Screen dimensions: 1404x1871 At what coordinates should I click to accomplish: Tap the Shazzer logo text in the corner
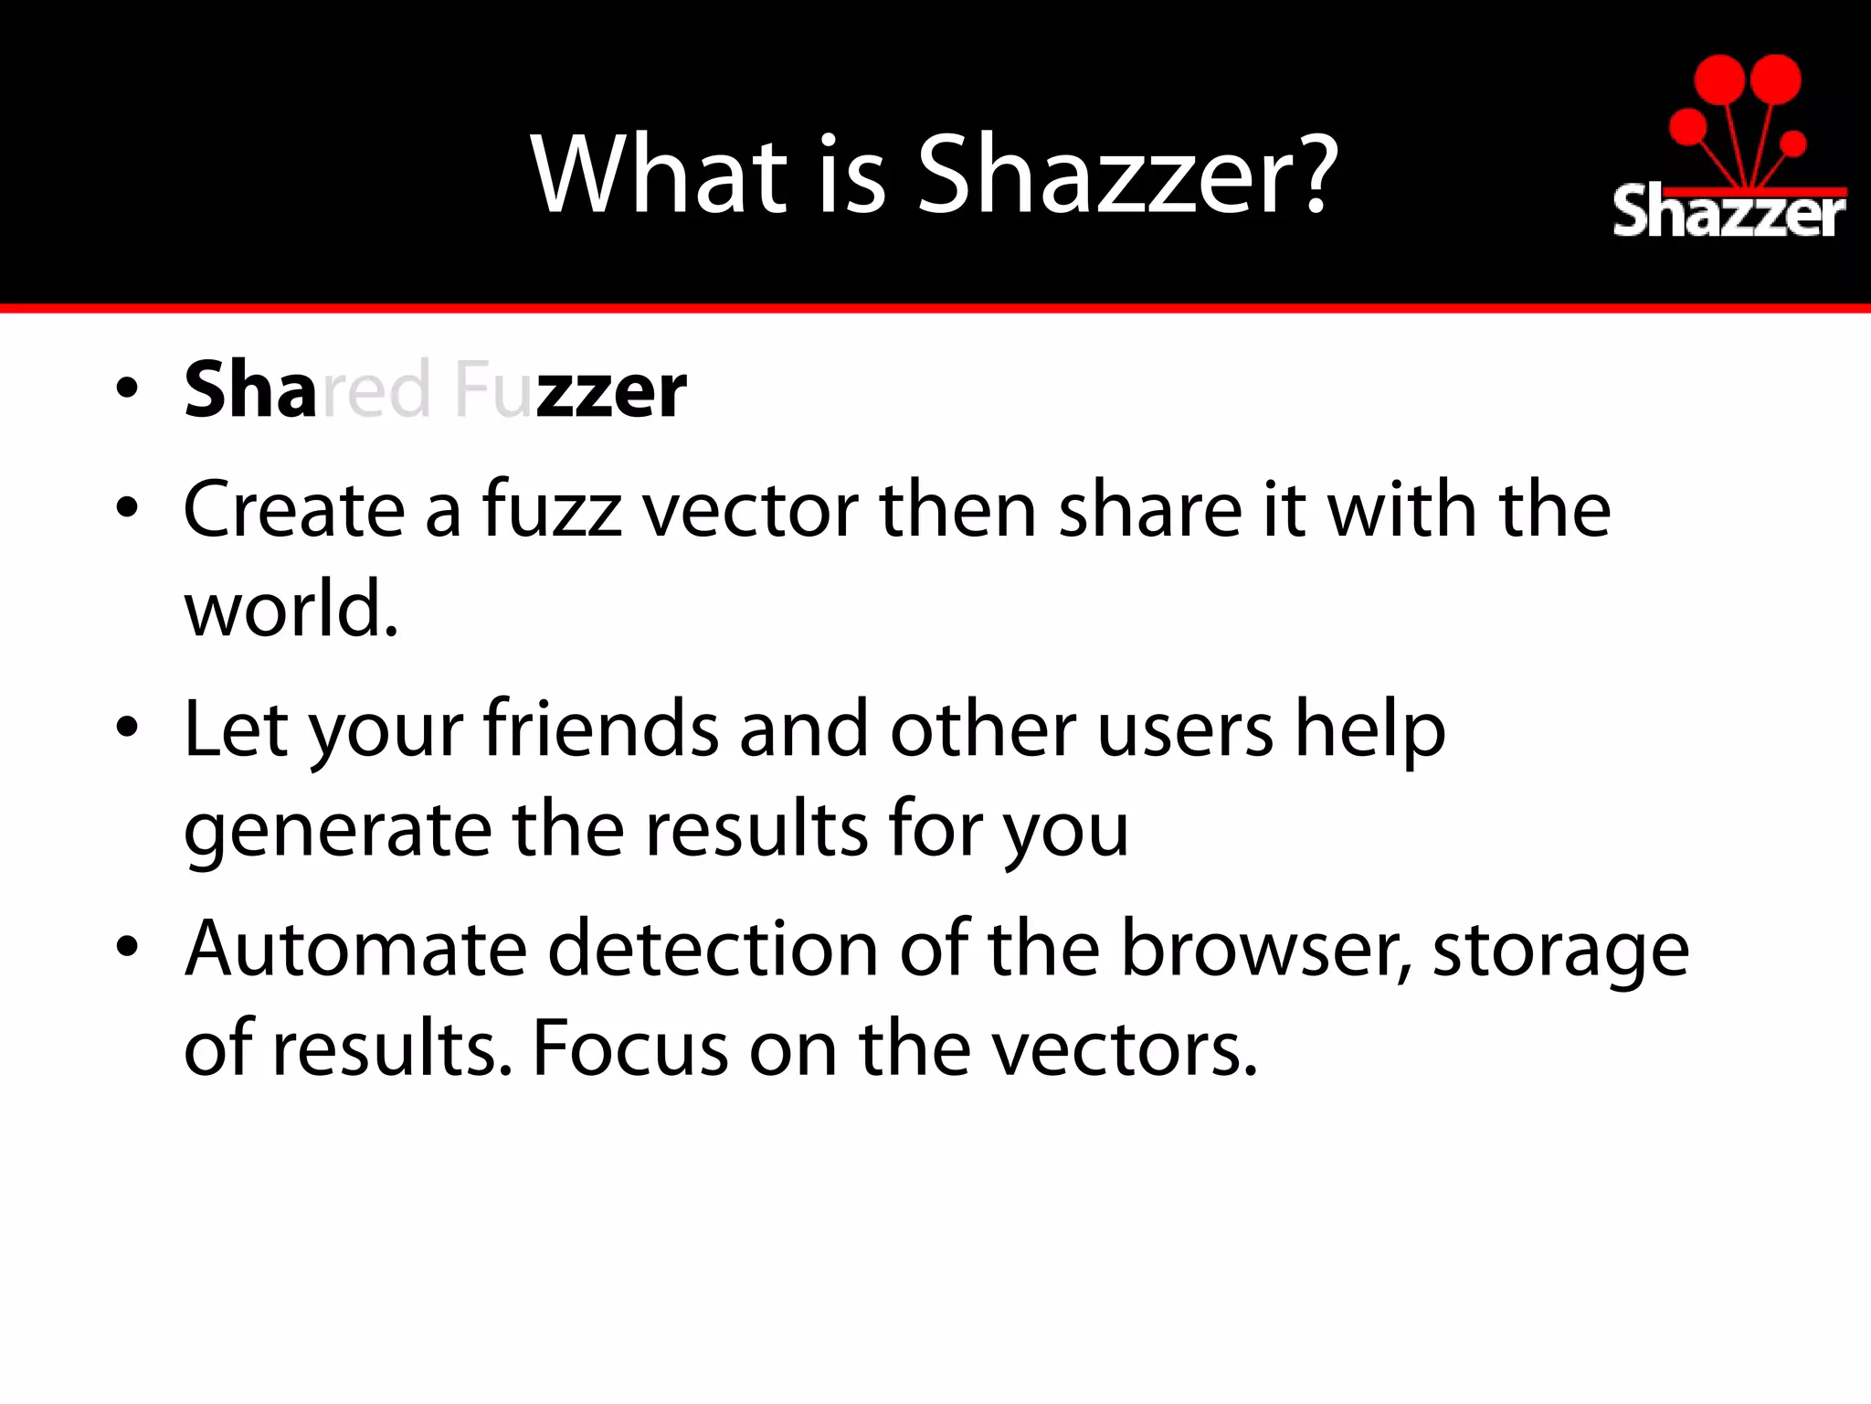(x=1728, y=213)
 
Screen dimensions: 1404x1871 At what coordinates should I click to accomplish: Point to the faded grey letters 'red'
(x=375, y=391)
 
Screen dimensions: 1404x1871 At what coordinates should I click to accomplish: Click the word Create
(x=293, y=509)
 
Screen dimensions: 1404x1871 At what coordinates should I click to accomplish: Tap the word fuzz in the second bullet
(x=552, y=509)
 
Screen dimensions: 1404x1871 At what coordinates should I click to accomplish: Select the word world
(x=291, y=610)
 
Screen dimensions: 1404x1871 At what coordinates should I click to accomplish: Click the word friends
(x=601, y=729)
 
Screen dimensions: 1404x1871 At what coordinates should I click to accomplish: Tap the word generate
(x=337, y=830)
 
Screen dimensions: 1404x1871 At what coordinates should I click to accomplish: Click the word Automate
(x=355, y=949)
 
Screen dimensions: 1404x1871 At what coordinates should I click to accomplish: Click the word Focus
(x=629, y=1048)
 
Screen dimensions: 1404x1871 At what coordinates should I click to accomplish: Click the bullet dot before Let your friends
(x=127, y=728)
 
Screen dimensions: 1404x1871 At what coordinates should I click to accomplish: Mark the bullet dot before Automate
(x=127, y=947)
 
